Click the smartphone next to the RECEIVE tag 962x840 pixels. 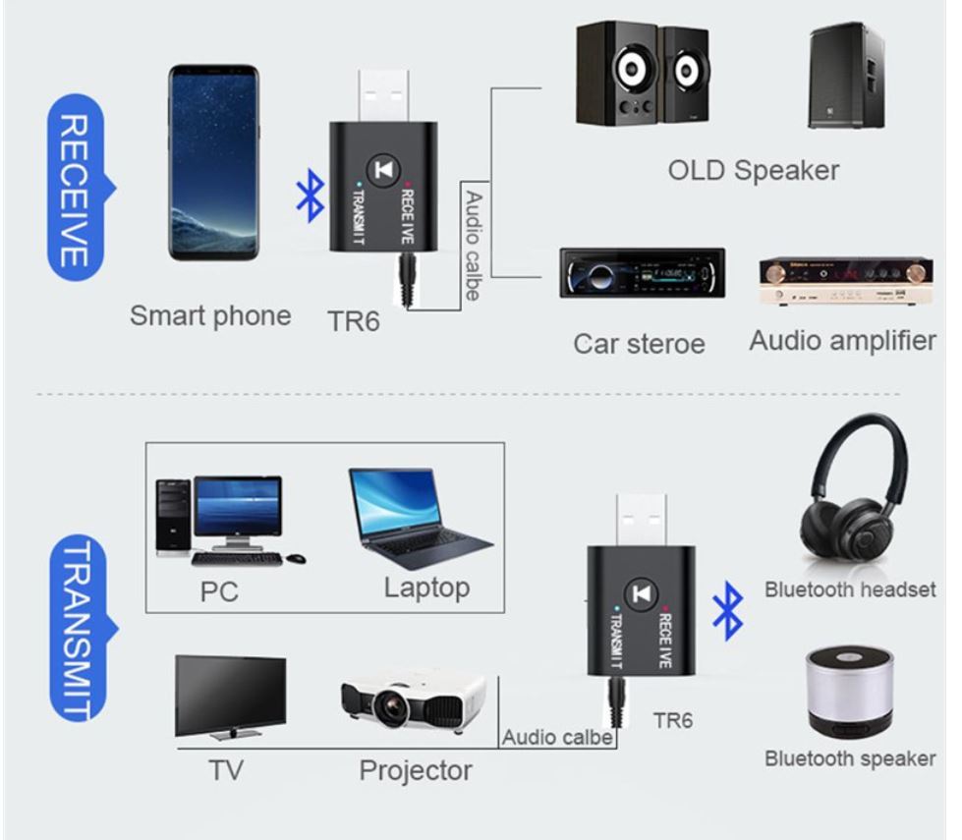(x=213, y=162)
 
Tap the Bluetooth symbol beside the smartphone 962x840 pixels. (x=310, y=195)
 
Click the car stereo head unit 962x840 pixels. (x=642, y=272)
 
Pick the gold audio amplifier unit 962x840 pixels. (x=846, y=280)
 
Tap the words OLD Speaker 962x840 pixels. (x=753, y=170)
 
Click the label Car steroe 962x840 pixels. (x=639, y=344)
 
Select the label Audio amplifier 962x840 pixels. (x=842, y=341)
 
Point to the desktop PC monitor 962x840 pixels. (x=237, y=508)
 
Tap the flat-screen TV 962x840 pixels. (x=230, y=695)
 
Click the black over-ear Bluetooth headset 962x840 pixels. (x=851, y=496)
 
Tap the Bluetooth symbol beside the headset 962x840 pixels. (x=727, y=610)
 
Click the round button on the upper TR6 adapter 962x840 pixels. (x=383, y=170)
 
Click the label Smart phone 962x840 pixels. (x=210, y=315)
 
